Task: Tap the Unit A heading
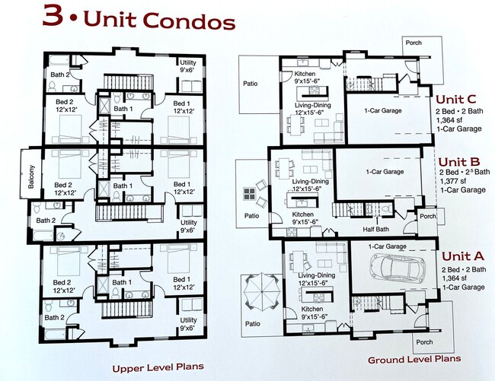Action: pos(460,258)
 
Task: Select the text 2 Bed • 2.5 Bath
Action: pos(464,172)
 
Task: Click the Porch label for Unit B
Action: pos(427,216)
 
